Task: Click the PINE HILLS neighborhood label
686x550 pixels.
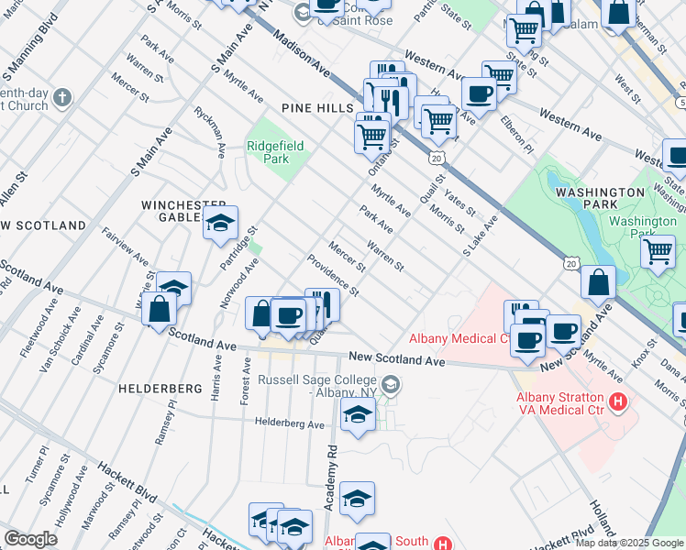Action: point(317,107)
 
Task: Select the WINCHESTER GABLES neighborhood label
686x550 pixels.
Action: point(183,210)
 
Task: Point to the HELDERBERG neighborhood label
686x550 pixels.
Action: point(160,389)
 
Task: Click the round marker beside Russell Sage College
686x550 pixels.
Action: point(392,385)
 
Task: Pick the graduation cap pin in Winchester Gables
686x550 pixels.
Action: point(221,224)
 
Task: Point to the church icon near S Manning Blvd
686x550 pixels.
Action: point(62,97)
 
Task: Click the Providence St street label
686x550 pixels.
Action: point(333,275)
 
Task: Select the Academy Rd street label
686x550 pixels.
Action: point(332,478)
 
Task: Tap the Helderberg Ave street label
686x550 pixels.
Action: point(290,424)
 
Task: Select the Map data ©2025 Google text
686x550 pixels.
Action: point(629,543)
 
